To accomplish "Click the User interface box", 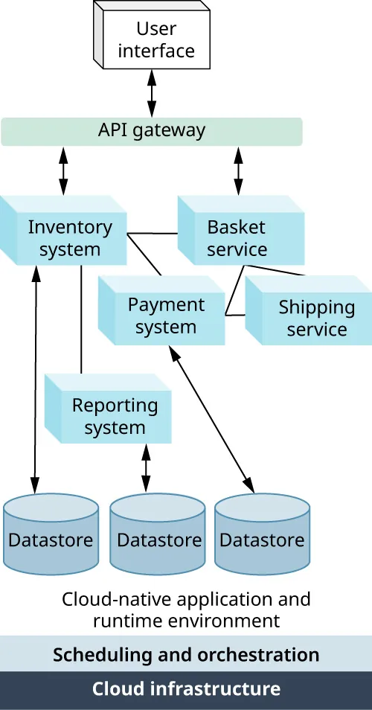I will [x=155, y=39].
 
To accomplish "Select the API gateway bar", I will [x=152, y=131].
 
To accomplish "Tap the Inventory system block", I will [x=69, y=237].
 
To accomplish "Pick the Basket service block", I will [x=237, y=237].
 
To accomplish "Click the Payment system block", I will [x=165, y=316].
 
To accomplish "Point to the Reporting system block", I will [x=114, y=416].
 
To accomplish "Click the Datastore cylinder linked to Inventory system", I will [x=51, y=540].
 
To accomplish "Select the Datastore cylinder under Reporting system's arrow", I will [x=158, y=540].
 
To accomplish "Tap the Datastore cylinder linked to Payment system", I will [x=263, y=540].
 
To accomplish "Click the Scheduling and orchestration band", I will [x=186, y=655].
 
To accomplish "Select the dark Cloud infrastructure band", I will [x=186, y=690].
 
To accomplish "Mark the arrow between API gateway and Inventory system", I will [x=63, y=170].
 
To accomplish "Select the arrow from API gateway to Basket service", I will [x=238, y=170].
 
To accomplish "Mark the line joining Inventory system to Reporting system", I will [x=80, y=320].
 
